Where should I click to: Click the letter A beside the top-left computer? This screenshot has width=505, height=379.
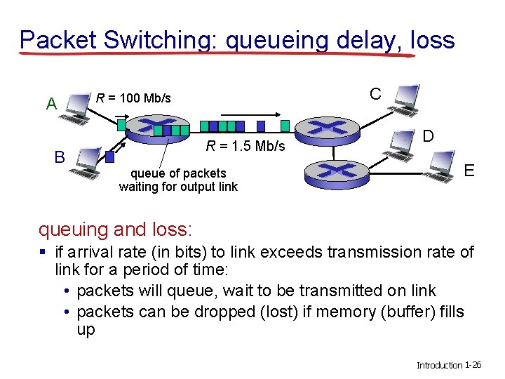coord(51,104)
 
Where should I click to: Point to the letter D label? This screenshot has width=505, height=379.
coord(427,135)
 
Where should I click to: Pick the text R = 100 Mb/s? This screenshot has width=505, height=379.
coord(133,98)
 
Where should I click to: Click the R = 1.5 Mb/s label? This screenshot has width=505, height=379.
coord(245,146)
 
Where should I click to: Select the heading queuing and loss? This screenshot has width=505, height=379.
coord(116,229)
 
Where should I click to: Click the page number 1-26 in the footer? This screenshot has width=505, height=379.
coord(473,365)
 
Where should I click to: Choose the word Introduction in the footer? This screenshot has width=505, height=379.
coord(439,365)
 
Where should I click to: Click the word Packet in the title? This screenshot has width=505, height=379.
coord(58,40)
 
